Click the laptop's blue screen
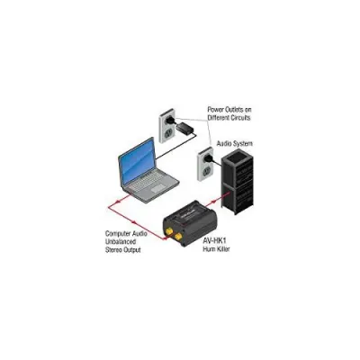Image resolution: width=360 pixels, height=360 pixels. [137, 163]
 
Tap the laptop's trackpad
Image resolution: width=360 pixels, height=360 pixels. [157, 189]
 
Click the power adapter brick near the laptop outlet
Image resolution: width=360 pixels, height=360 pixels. [185, 128]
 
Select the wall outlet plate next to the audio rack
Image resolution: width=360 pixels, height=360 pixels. [205, 164]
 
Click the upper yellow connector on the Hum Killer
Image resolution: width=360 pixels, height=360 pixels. [168, 231]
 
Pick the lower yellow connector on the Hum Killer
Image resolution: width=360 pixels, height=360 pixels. [178, 237]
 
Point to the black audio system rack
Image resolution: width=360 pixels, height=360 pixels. [238, 182]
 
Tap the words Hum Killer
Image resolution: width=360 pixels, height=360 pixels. [216, 248]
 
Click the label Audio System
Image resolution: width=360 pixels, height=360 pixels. [234, 143]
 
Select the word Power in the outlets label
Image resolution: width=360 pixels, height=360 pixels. [215, 110]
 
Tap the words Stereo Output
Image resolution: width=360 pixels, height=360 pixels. [122, 249]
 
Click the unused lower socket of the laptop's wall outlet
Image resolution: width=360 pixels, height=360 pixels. [168, 132]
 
